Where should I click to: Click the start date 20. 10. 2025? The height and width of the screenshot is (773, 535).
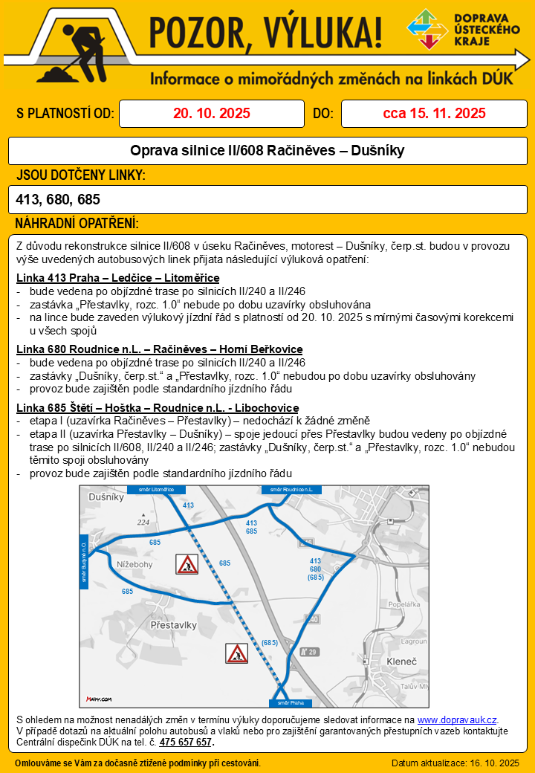212,114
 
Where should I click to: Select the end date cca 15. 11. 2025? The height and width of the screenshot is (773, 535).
434,114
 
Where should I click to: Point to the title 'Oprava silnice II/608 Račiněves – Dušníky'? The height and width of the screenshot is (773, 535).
267,151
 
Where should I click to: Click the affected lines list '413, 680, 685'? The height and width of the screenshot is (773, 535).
58,199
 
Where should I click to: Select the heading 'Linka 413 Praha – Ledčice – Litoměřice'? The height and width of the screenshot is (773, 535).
117,278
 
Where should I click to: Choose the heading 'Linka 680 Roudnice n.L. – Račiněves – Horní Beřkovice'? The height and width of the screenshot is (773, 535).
159,349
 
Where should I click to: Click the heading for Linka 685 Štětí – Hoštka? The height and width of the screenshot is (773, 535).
157,408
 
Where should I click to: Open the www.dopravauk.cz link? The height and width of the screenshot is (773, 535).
457,719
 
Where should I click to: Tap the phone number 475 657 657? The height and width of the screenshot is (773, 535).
186,742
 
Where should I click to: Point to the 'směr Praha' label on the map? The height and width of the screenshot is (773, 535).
288,702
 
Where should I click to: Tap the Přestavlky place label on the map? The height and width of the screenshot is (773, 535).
173,626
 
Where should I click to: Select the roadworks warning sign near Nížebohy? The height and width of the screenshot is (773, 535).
187,564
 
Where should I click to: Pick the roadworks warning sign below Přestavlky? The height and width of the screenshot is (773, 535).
237,653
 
